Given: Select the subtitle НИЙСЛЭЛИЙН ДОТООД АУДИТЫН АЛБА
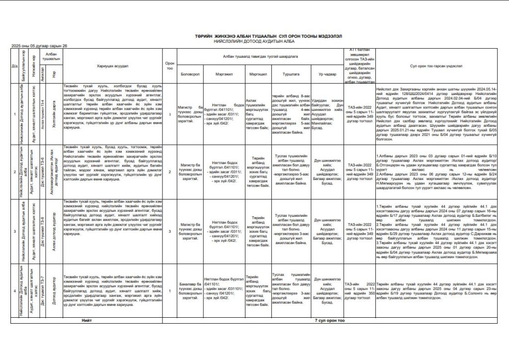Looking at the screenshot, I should click(254, 41).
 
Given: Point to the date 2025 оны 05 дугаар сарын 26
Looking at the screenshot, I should click(39, 46).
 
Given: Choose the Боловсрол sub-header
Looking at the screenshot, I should click(191, 73).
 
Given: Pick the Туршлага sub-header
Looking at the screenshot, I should click(290, 73).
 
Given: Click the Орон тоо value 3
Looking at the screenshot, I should click(170, 231).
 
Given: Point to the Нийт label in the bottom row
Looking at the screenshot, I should click(87, 321).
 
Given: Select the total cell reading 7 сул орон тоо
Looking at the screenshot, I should click(330, 321).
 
